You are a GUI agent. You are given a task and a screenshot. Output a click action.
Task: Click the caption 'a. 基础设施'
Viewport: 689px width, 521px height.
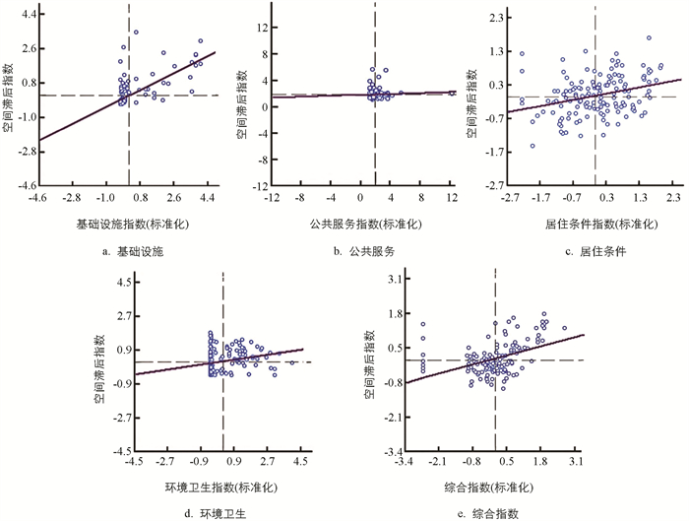[129, 251]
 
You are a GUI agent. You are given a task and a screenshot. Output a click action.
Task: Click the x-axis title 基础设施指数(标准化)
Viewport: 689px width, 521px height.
[130, 223]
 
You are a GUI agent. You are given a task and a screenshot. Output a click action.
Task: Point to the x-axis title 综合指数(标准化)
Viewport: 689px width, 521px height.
[495, 487]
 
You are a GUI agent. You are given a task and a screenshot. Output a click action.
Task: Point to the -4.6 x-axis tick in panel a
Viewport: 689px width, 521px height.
[38, 198]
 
